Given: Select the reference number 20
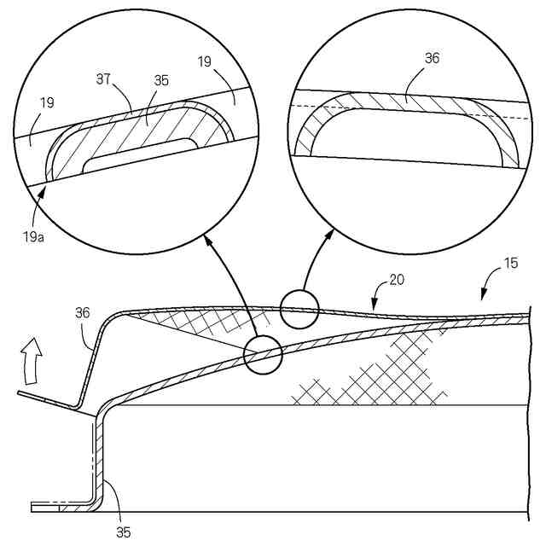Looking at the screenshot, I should pyautogui.click(x=397, y=279).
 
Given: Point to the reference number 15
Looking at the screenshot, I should pyautogui.click(x=511, y=264).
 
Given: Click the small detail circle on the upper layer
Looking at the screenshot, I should pyautogui.click(x=297, y=308).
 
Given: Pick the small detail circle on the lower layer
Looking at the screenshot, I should pyautogui.click(x=263, y=355).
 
